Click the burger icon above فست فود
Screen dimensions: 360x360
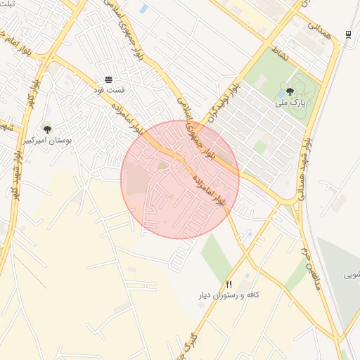click(108, 79)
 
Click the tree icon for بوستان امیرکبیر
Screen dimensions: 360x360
click(47, 129)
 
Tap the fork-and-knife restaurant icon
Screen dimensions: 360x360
click(229, 283)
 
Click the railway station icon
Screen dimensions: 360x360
click(348, 34)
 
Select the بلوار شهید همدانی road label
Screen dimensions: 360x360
click(307, 162)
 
